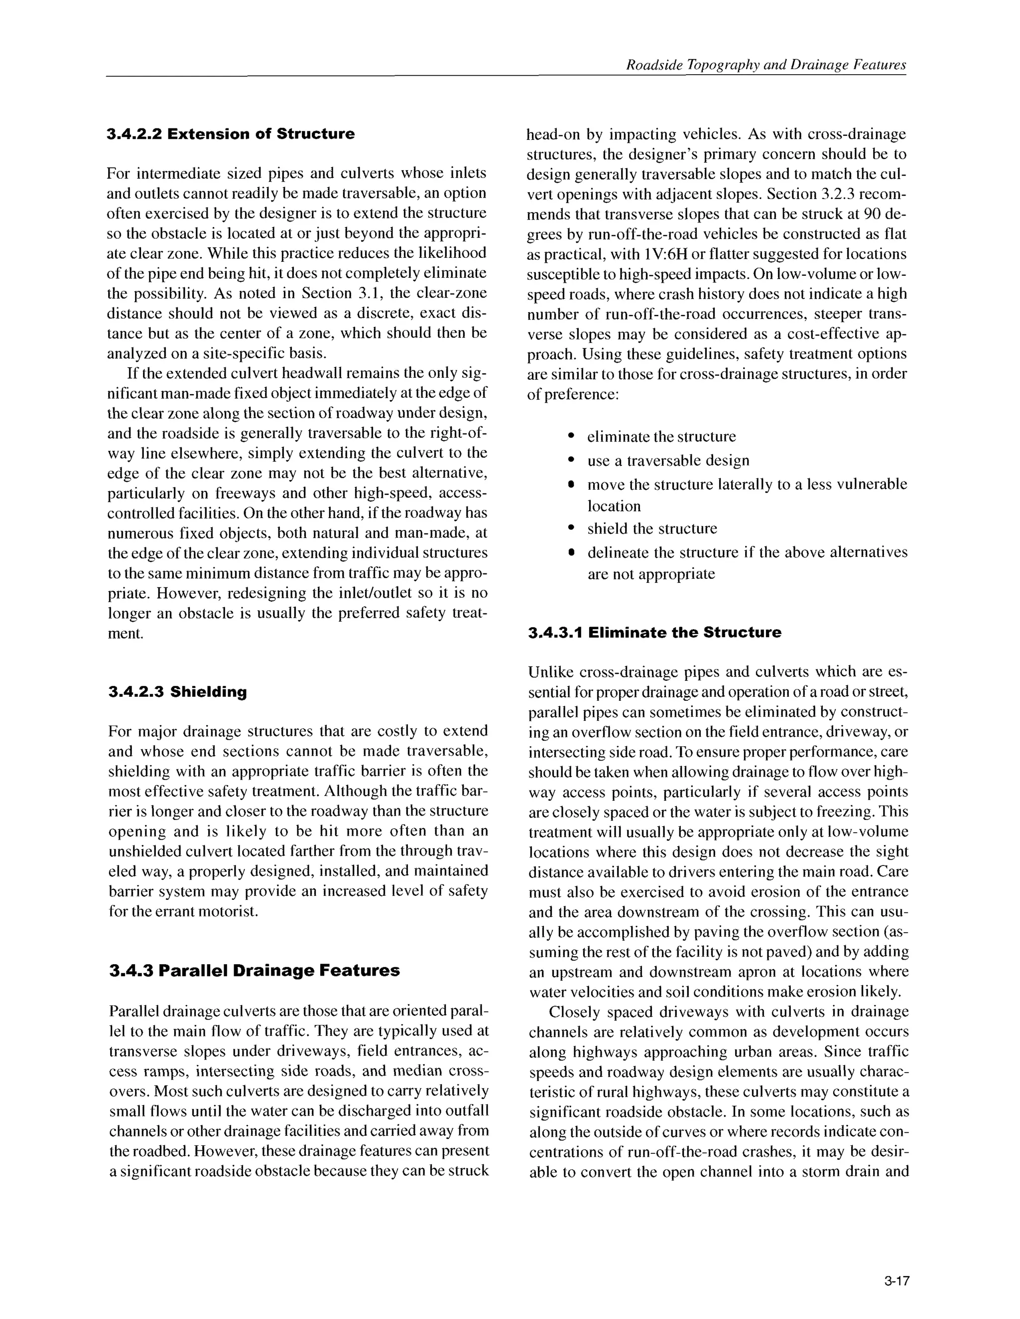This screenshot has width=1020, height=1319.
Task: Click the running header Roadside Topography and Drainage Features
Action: (x=765, y=65)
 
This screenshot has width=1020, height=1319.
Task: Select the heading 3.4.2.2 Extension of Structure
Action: (x=230, y=134)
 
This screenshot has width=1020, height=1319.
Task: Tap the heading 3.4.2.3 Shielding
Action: (x=178, y=692)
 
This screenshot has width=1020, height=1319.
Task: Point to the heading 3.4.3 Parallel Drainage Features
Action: (x=255, y=971)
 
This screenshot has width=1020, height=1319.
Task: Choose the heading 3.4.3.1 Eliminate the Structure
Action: (x=654, y=633)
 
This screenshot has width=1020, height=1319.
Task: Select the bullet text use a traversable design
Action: (x=668, y=461)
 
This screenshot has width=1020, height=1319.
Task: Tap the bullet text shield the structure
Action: (x=652, y=529)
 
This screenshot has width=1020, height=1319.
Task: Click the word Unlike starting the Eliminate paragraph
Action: (x=551, y=672)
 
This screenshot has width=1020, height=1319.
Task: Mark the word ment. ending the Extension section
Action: (x=125, y=634)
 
